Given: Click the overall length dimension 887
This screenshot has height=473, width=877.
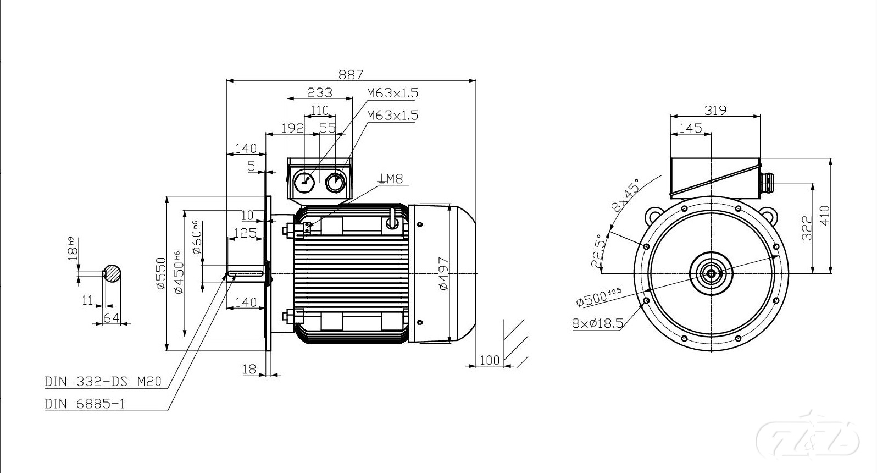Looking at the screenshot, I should pyautogui.click(x=351, y=74).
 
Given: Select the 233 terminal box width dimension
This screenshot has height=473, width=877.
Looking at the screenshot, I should pyautogui.click(x=319, y=92).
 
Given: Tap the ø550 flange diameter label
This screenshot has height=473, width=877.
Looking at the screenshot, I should pyautogui.click(x=161, y=273).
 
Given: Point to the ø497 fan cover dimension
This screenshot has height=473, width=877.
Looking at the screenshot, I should pyautogui.click(x=444, y=273).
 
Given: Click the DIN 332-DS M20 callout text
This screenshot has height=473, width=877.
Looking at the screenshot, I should pyautogui.click(x=103, y=382).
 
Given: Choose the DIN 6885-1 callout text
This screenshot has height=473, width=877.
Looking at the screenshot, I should pyautogui.click(x=85, y=404).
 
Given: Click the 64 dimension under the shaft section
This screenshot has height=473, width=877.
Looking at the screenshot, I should pyautogui.click(x=111, y=318).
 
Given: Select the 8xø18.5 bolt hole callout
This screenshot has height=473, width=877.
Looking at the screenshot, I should pyautogui.click(x=597, y=323).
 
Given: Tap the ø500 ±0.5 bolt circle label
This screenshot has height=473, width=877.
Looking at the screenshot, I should pyautogui.click(x=598, y=298).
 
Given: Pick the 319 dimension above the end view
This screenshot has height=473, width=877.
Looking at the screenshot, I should pyautogui.click(x=715, y=110).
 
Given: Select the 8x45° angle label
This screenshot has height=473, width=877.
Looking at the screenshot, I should pyautogui.click(x=625, y=195).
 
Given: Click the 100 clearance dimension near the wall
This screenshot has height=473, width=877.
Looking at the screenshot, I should pyautogui.click(x=490, y=360).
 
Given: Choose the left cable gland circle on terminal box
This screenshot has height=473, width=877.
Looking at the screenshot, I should pyautogui.click(x=304, y=181).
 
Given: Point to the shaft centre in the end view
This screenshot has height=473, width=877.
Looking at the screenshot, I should pyautogui.click(x=712, y=273).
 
